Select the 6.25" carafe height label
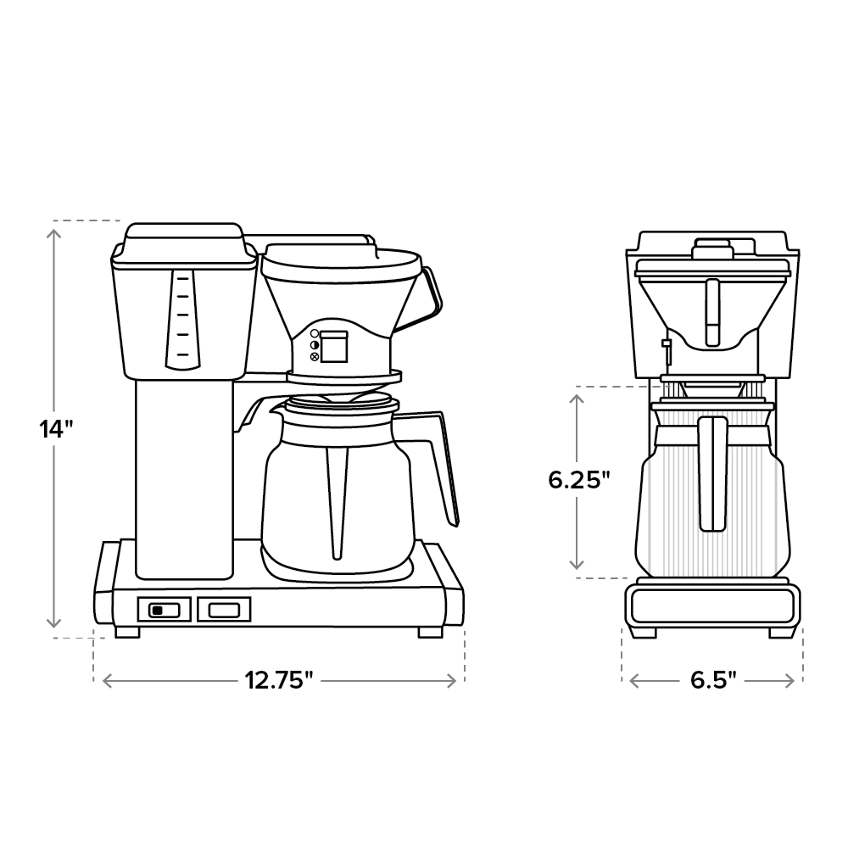pyautogui.click(x=579, y=480)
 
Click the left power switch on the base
pyautogui.click(x=164, y=609)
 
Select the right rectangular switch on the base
pyautogui.click(x=224, y=609)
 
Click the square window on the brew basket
pyautogui.click(x=333, y=345)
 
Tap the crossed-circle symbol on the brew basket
pyautogui.click(x=315, y=357)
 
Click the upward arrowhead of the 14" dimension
pyautogui.click(x=57, y=229)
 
